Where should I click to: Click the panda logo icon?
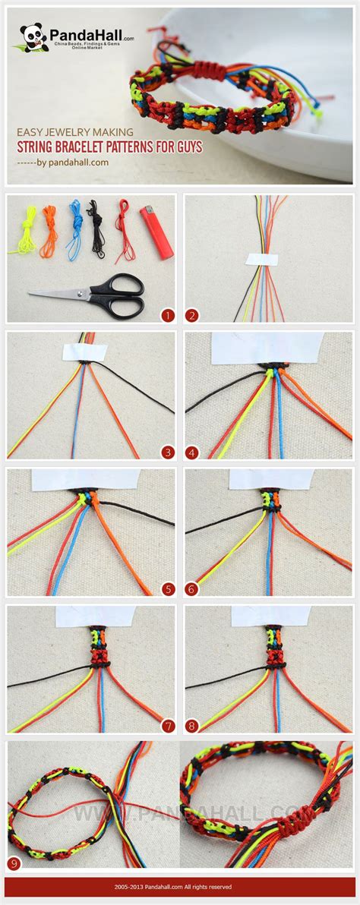(x=33, y=37)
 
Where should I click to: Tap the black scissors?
(x=96, y=295)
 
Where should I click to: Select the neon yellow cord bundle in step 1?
(x=25, y=230)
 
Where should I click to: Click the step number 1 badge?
(x=168, y=315)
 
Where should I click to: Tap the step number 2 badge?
(x=191, y=315)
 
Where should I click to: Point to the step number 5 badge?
(x=168, y=589)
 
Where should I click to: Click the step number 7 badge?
(x=168, y=726)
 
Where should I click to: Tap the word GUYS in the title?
(x=188, y=147)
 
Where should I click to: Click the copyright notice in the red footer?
(x=180, y=886)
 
